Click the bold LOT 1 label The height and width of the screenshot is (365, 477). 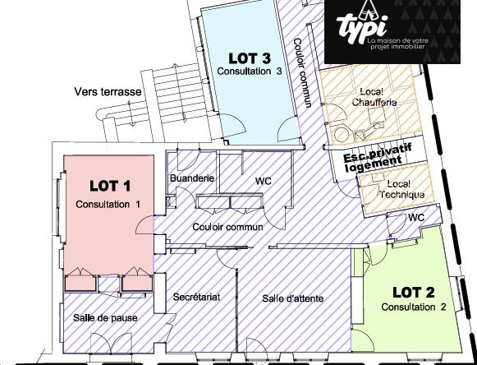(109, 186)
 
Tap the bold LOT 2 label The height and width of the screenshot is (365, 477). (412, 292)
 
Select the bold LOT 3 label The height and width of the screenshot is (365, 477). (250, 58)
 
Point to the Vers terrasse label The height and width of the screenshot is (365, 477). (108, 91)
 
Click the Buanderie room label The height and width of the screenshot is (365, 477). (191, 178)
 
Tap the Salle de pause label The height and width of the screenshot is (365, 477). (105, 317)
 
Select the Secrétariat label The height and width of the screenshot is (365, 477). (197, 297)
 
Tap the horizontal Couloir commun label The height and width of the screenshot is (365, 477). (227, 226)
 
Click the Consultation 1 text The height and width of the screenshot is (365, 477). (108, 203)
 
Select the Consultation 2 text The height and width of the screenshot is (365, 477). (414, 307)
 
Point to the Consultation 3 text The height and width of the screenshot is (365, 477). (250, 72)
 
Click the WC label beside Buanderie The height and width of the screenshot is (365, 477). (264, 181)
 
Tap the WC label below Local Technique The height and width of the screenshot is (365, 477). (416, 217)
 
